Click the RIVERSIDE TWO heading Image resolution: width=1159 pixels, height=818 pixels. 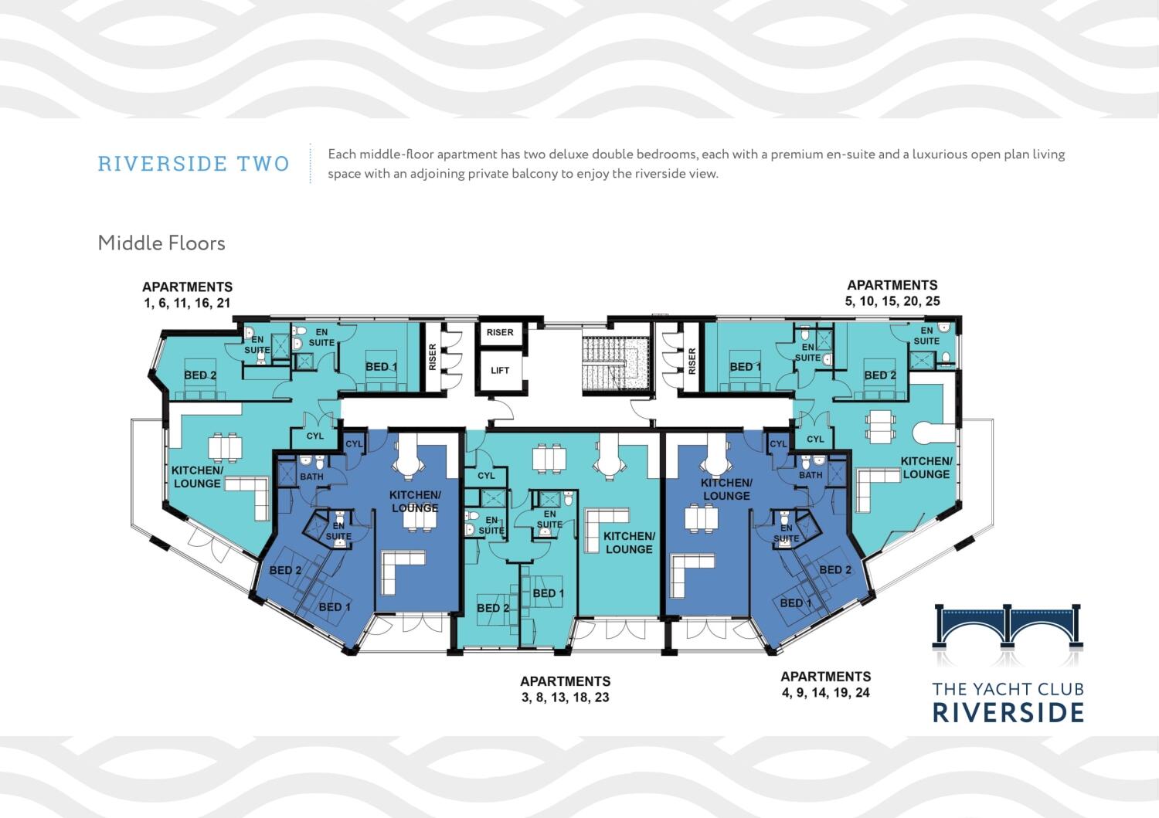193,164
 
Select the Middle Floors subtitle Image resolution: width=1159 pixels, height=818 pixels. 161,243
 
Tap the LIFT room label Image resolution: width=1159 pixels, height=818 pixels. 500,371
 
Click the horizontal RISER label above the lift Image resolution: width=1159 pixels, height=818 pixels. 500,333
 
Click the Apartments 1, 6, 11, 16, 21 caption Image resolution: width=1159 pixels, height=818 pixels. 187,295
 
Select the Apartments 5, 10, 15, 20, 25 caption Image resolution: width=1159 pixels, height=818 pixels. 892,293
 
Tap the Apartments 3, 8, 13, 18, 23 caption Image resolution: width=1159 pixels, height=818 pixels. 565,689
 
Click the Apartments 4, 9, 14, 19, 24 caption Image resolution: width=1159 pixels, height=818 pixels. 825,684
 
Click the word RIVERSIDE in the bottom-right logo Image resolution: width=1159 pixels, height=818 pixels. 1008,712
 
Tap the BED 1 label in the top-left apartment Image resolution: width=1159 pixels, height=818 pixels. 381,367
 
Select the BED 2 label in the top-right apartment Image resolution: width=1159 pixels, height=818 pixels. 880,375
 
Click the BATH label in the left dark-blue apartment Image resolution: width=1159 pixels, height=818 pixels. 311,477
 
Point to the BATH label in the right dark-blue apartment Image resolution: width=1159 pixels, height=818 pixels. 810,475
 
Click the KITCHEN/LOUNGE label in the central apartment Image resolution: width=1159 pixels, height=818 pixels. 629,542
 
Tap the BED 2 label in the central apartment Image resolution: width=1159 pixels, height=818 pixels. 493,608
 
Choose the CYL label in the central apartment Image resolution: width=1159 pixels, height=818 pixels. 485,476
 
